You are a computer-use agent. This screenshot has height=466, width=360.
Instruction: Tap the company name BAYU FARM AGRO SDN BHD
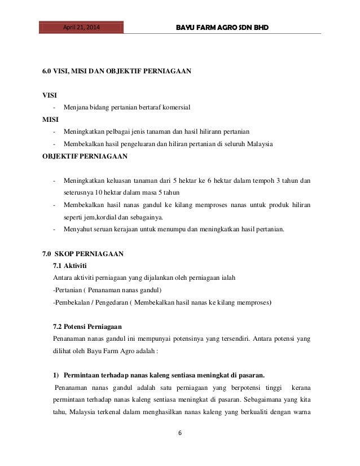(x=224, y=27)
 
